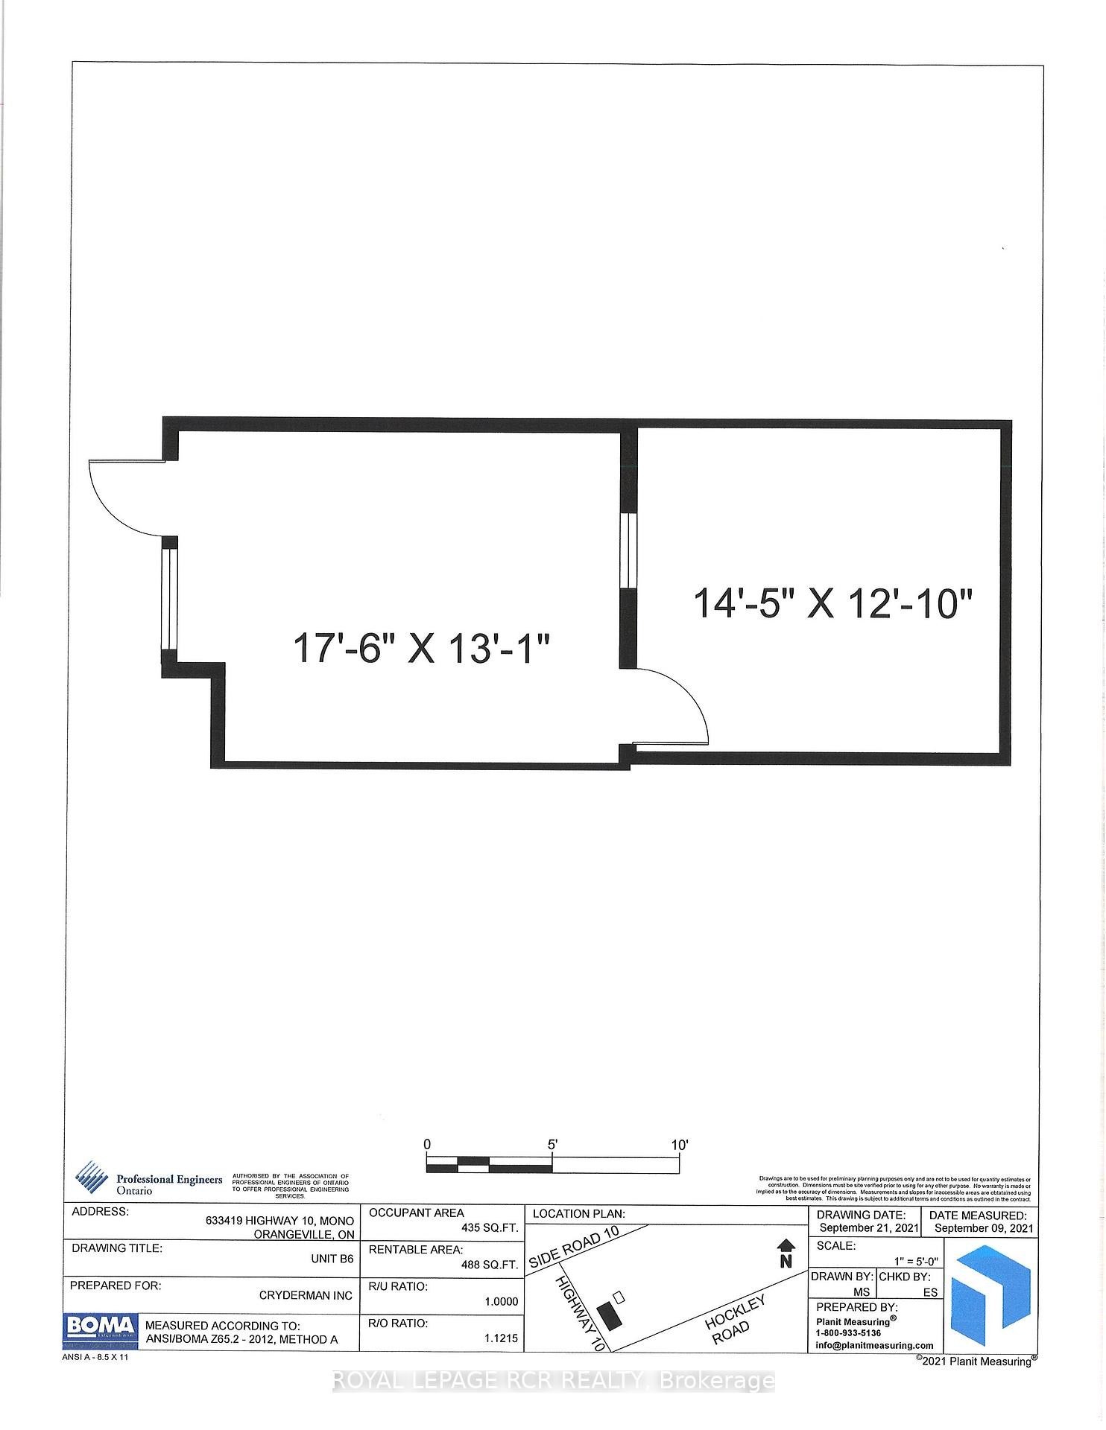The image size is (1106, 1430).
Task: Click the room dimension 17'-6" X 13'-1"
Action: tap(422, 649)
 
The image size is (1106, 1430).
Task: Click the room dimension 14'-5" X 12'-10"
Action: tap(834, 603)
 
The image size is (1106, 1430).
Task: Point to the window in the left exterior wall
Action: tap(169, 599)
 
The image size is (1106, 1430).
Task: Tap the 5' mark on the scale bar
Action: tap(552, 1145)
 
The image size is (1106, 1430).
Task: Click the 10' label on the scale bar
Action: tap(679, 1145)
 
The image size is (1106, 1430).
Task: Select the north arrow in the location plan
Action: tap(786, 1253)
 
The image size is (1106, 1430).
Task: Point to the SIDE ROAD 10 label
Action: tap(574, 1248)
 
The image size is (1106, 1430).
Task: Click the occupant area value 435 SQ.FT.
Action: tap(490, 1227)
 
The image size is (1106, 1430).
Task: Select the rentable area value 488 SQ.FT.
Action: tap(490, 1265)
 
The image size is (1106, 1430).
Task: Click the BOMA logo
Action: tap(100, 1326)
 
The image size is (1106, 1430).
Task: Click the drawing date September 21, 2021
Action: tap(868, 1227)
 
